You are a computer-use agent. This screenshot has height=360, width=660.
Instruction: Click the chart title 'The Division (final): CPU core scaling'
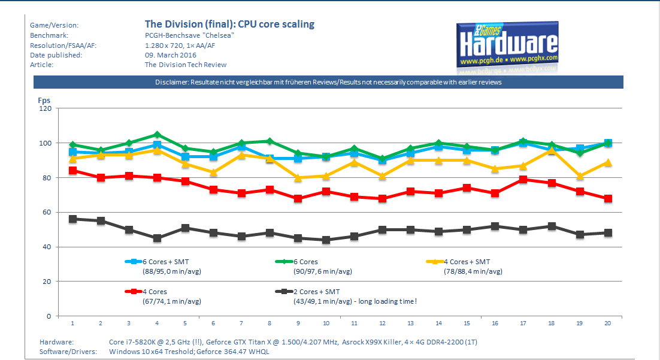229,25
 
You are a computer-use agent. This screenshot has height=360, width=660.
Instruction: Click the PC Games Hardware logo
507,46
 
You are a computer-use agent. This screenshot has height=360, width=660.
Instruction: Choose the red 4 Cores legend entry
154,292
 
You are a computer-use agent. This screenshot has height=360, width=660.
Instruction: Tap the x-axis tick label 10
326,323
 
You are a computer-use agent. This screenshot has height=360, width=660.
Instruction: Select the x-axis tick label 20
608,323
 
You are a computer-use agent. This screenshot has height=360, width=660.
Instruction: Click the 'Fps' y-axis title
44,99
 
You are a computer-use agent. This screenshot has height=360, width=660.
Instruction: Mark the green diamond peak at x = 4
157,135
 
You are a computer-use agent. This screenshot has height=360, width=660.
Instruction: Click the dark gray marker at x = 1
72,219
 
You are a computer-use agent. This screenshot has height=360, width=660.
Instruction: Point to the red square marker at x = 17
523,179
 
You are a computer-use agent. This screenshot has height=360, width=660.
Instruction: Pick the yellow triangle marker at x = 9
298,177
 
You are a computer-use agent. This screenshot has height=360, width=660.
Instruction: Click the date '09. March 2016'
171,55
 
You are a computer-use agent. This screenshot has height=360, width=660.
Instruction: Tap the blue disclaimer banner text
328,82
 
